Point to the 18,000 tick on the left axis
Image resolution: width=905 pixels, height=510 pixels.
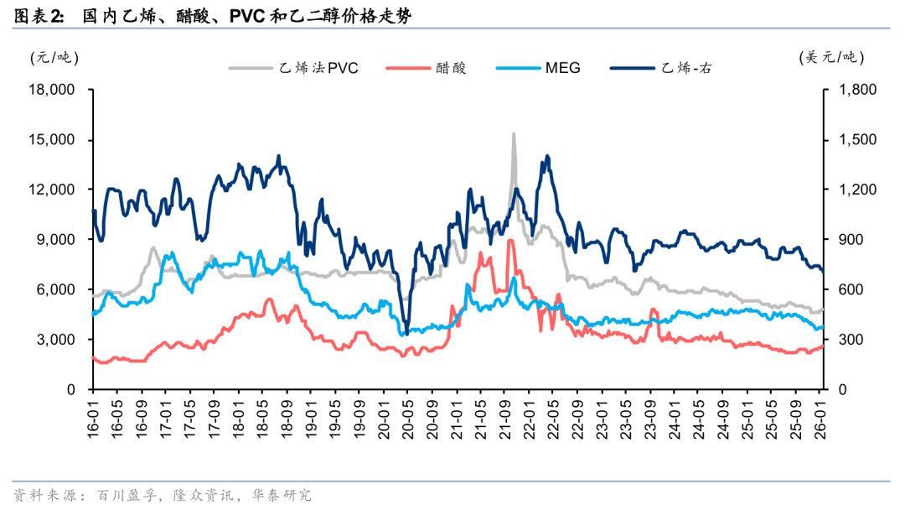tap(52, 90)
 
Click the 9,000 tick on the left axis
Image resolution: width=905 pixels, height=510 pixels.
tap(56, 240)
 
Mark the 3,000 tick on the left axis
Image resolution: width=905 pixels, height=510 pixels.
tap(56, 340)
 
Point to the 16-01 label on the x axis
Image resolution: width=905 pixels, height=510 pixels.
tap(93, 415)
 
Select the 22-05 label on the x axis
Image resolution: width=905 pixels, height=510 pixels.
tap(552, 415)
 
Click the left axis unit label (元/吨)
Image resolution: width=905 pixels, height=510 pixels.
tap(54, 57)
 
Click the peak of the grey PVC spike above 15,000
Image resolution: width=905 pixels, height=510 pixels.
tap(514, 134)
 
